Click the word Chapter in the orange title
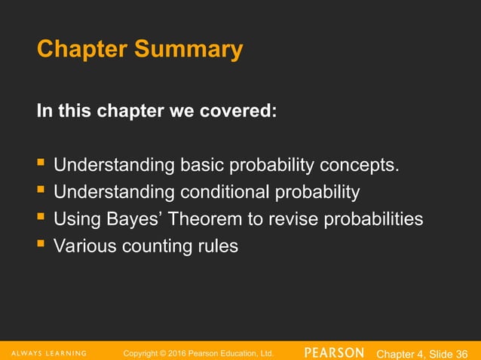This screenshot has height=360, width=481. click(82, 50)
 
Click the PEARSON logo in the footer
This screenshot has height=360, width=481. click(335, 352)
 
